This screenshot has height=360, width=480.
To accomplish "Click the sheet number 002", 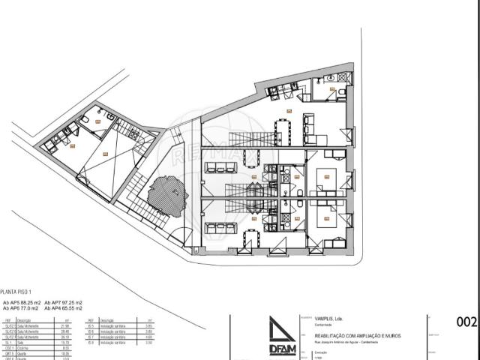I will (x=466, y=322).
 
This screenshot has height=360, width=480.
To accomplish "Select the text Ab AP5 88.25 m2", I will (x=20, y=301).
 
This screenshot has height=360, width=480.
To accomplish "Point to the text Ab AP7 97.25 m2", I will (x=63, y=301).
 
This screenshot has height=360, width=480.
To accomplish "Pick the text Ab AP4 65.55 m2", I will (x=63, y=307).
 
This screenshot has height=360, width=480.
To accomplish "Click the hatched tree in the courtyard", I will (x=166, y=196).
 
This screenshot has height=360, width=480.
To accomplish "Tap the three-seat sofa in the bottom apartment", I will (x=217, y=228).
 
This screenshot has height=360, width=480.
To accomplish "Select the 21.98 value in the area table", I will (x=65, y=326).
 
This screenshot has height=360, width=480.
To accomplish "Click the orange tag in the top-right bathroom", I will (x=332, y=88).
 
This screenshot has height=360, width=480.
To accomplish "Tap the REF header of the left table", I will (x=8, y=320).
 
